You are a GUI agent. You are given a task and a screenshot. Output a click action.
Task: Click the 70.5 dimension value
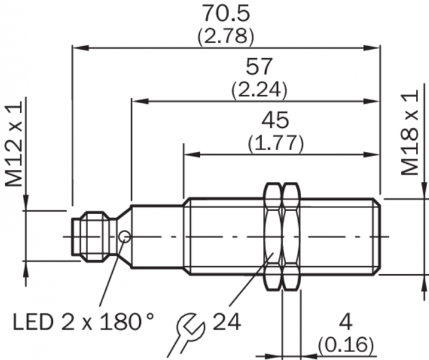tap(226, 13)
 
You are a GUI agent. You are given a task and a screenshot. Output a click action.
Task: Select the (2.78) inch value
tap(226, 36)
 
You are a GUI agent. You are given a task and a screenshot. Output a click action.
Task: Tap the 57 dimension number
tap(259, 66)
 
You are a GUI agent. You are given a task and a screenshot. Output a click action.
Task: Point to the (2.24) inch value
tap(259, 89)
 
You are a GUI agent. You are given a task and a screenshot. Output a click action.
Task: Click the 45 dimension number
tap(275, 120)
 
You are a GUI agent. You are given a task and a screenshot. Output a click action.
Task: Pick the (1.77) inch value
tap(276, 143)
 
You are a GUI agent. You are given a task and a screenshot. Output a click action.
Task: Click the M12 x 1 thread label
tap(14, 143)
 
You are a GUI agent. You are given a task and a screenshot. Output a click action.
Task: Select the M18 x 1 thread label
tap(410, 133)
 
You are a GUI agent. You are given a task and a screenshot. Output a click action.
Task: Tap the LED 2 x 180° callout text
tap(83, 322)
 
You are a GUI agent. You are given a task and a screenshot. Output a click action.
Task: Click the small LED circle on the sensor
tap(125, 236)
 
